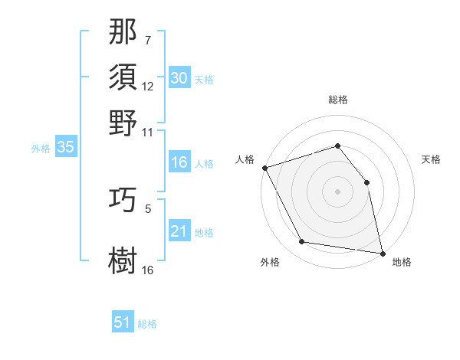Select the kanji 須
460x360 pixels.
[123, 78]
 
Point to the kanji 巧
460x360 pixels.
[123, 201]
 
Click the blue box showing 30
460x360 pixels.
[179, 78]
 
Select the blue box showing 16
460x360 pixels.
[179, 162]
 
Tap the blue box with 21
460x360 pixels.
[179, 231]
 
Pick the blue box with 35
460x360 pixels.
[65, 148]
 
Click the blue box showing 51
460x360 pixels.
[123, 322]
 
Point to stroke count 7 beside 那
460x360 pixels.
[148, 40]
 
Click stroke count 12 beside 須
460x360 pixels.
[148, 87]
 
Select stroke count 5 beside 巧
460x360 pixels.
[148, 208]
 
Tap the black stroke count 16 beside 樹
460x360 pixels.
[148, 270]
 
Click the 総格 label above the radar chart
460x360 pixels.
[337, 100]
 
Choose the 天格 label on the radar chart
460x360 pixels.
[431, 159]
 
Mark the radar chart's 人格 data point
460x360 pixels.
[264, 168]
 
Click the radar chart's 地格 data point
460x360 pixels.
[382, 253]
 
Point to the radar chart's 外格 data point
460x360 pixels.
[302, 243]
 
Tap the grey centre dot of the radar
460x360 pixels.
[337, 191]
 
